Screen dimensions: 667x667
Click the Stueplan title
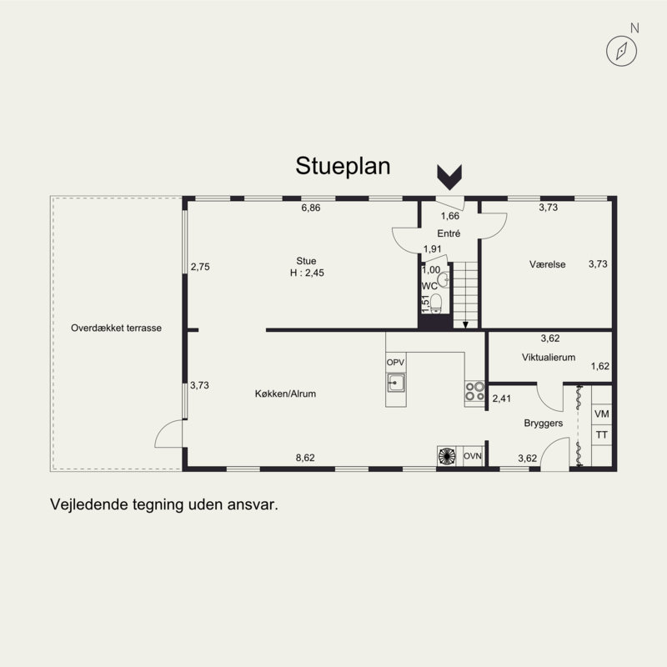[x=343, y=166]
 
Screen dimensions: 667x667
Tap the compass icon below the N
[x=621, y=51]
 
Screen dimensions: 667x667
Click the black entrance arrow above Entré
[x=449, y=177]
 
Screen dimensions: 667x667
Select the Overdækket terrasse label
[x=116, y=328]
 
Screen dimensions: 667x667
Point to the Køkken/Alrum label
[x=285, y=394]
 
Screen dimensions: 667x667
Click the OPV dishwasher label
[x=395, y=363]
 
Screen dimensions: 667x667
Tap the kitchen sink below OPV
[x=395, y=383]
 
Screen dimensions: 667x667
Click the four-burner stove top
[x=474, y=391]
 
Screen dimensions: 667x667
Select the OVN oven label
[x=472, y=456]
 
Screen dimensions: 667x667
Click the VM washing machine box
[x=602, y=414]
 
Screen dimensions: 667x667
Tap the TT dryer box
[x=602, y=434]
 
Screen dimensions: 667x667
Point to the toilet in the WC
[x=436, y=303]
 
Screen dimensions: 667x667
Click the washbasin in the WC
[x=444, y=279]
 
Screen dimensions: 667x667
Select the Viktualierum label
[x=549, y=358]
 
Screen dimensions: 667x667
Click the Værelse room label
[x=548, y=264]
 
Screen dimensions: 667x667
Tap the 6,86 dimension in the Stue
[x=311, y=208]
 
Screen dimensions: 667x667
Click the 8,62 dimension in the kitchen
[x=305, y=458]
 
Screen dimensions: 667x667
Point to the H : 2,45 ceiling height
[x=307, y=273]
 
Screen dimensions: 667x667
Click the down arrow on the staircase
[x=465, y=325]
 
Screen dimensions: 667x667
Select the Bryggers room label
[x=544, y=424]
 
